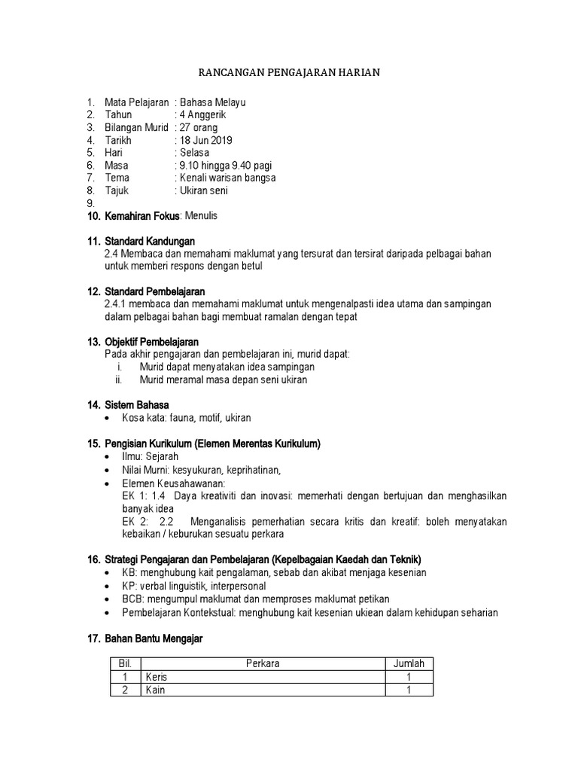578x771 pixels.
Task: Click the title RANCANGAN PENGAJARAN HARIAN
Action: pos(289,72)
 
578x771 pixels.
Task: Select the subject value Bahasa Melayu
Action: pos(212,102)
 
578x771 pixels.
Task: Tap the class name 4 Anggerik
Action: pos(202,114)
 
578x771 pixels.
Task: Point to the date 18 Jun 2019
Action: pos(206,140)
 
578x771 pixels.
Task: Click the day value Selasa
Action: pos(194,153)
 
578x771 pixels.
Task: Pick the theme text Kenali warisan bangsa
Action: pos(227,178)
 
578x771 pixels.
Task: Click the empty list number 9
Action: pos(90,203)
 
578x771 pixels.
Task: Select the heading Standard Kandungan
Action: pos(150,241)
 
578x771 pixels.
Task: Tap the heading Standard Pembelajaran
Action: pos(155,291)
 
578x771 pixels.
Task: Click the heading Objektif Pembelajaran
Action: pos(151,342)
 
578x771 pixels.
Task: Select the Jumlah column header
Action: pos(409,664)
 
